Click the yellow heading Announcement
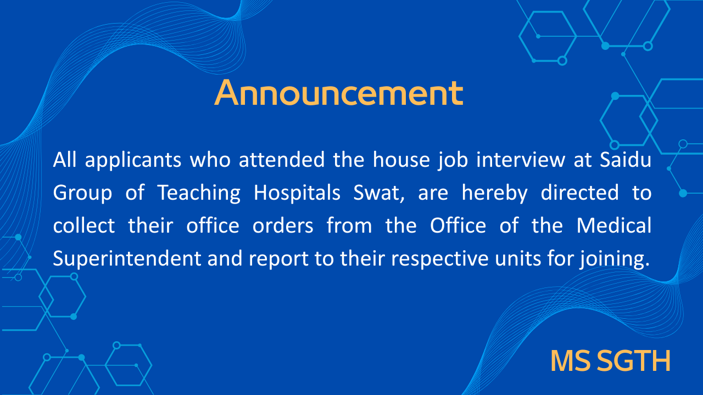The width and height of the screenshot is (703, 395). (x=339, y=93)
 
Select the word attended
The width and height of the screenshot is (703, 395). (x=282, y=160)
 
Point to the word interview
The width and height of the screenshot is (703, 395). (x=521, y=160)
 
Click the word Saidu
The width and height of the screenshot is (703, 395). (x=626, y=160)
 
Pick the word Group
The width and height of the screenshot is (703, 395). (x=82, y=193)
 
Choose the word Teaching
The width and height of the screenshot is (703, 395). (x=199, y=193)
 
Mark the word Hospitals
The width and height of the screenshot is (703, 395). (x=297, y=193)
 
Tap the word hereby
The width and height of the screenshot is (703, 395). (x=495, y=193)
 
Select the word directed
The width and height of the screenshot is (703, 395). (x=579, y=193)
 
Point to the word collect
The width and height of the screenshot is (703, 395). (x=84, y=225)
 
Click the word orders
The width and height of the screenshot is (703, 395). (x=283, y=226)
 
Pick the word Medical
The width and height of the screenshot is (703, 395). (x=614, y=225)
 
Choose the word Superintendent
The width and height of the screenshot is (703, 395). (x=127, y=259)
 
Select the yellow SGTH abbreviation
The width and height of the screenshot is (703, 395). (x=633, y=361)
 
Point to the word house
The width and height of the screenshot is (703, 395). (x=401, y=160)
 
